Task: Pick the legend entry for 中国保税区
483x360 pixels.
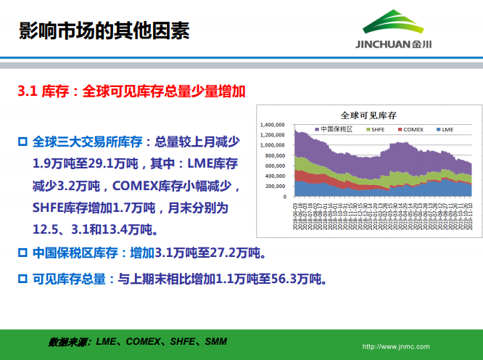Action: click(x=335, y=129)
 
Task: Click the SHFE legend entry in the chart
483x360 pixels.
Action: click(x=378, y=129)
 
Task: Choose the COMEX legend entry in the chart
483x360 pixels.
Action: click(x=410, y=129)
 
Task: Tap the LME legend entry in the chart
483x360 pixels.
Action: click(x=445, y=129)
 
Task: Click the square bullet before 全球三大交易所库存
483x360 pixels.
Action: click(x=22, y=140)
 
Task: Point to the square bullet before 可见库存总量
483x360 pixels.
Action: click(x=22, y=277)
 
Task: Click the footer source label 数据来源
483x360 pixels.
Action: click(x=69, y=341)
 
